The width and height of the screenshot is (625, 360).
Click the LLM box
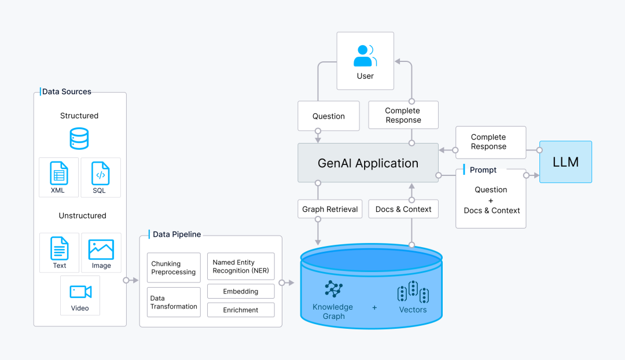(x=565, y=162)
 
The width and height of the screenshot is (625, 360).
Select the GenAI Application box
(x=368, y=163)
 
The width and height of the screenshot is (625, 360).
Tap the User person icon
(x=365, y=56)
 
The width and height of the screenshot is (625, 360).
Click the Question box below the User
(x=329, y=116)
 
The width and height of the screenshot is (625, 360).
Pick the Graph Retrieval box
(x=330, y=209)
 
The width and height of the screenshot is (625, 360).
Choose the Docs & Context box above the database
(x=403, y=209)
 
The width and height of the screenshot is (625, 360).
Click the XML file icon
(x=59, y=173)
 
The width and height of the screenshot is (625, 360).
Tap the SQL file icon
(x=101, y=173)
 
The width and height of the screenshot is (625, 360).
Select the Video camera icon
(x=80, y=292)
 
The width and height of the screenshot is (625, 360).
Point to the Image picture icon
(x=101, y=249)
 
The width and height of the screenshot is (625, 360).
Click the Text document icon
(x=60, y=248)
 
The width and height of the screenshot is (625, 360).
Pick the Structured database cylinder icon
(x=79, y=138)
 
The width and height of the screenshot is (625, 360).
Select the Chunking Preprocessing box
(x=174, y=267)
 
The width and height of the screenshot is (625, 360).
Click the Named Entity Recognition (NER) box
(x=241, y=266)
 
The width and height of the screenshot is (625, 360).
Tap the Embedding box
(x=241, y=292)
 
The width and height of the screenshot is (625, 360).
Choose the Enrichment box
(x=241, y=310)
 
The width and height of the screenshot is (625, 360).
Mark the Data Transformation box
(x=174, y=302)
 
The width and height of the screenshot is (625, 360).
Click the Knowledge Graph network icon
(x=334, y=289)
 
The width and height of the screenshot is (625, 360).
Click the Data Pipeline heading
(x=177, y=234)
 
